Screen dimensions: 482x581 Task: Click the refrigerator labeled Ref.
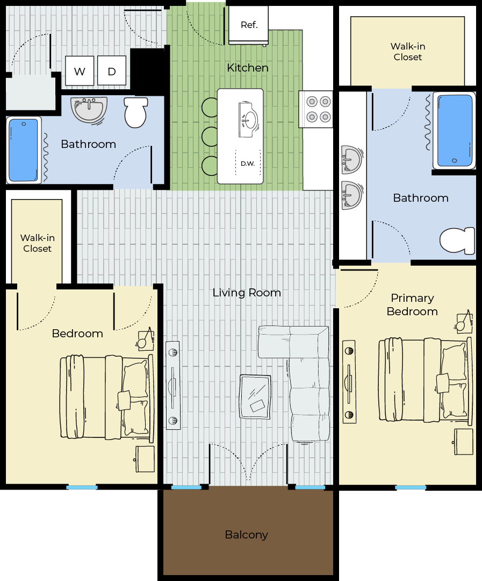[x=248, y=25]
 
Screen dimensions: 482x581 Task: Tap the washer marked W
[x=79, y=70]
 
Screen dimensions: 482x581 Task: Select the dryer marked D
[x=112, y=70]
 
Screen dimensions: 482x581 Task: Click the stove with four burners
[x=316, y=109]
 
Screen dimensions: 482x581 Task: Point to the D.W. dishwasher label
[x=248, y=164]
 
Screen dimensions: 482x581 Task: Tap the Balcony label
[x=246, y=535]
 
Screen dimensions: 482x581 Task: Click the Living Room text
[x=247, y=293]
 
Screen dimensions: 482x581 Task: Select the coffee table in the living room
[x=255, y=397]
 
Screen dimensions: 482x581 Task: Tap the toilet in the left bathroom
[x=135, y=112]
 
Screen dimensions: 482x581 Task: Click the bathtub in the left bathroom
[x=23, y=150]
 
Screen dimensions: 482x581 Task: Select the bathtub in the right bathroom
[x=455, y=130]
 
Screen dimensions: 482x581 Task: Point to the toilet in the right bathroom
[x=457, y=241]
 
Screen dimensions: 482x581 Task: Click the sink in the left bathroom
[x=89, y=110]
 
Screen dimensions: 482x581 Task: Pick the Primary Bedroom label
[x=412, y=304]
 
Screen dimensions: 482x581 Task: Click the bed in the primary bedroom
[x=426, y=379]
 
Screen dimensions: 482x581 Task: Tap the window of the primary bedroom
[x=410, y=487]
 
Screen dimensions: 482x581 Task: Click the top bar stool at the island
[x=210, y=107]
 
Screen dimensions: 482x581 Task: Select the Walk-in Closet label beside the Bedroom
[x=38, y=243]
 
